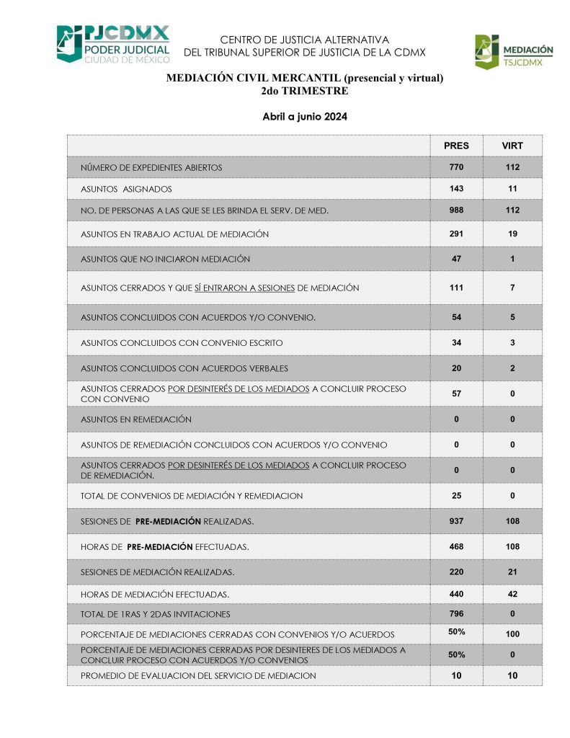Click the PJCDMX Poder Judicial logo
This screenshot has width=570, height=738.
[113, 44]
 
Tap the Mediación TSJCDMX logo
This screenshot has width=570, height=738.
[513, 51]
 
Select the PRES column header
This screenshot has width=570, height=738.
[456, 146]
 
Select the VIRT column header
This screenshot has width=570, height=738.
[512, 146]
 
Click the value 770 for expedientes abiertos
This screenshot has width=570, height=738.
[456, 167]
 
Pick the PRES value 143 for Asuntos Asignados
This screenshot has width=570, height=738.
[456, 189]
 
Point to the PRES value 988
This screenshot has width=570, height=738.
[456, 210]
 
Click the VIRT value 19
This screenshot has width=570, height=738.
[512, 234]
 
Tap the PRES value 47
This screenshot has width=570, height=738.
[456, 259]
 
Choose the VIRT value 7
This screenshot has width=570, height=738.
[512, 288]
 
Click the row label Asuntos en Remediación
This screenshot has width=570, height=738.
[136, 419]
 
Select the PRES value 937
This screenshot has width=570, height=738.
[456, 521]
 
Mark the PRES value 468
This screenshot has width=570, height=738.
[456, 547]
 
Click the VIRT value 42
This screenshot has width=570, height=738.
[512, 595]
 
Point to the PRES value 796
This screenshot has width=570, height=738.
[456, 614]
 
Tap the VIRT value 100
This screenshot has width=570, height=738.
[512, 634]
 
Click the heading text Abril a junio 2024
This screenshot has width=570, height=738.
[305, 116]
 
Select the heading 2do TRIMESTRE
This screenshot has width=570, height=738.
[305, 91]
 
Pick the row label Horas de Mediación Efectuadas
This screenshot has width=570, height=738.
[156, 595]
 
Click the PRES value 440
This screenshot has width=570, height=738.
[456, 595]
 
